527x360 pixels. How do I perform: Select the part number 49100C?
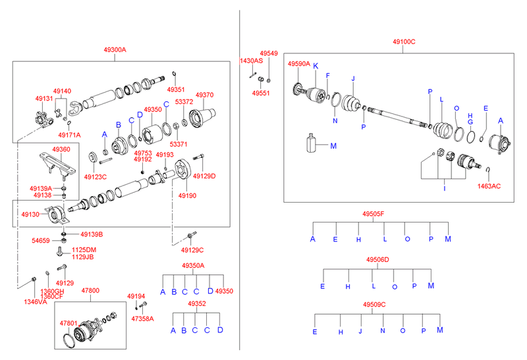click(404, 41)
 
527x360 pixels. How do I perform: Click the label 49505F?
click(374, 214)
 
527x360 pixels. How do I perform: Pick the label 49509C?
click(374, 304)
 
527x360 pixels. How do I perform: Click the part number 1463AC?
click(489, 186)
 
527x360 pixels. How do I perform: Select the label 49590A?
click(298, 64)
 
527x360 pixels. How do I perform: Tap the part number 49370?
click(204, 95)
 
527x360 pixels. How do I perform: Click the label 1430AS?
click(251, 61)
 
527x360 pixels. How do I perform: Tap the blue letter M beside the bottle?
click(333, 145)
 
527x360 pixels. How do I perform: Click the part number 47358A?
click(142, 319)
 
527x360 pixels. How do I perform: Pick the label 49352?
click(196, 304)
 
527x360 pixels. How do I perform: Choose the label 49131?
click(44, 98)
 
